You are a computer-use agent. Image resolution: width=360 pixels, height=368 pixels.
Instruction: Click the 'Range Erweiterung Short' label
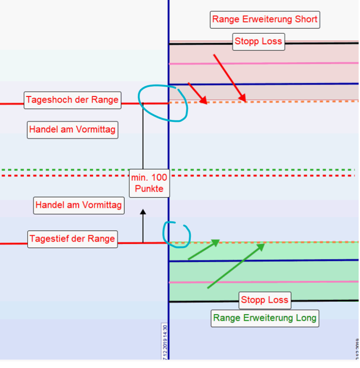click(265, 19)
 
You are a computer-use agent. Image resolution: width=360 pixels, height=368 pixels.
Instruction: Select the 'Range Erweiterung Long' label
click(265, 318)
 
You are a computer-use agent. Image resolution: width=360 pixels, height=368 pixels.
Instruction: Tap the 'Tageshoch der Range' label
click(72, 100)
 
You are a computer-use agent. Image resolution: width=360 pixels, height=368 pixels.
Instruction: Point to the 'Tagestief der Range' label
click(72, 239)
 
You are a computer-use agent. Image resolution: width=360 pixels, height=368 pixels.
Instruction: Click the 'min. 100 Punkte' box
click(149, 183)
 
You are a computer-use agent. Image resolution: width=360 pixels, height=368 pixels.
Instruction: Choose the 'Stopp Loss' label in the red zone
click(259, 41)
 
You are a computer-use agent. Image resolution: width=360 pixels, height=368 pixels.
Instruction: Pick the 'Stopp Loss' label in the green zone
click(265, 300)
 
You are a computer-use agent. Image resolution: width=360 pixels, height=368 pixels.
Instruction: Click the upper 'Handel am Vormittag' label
click(72, 130)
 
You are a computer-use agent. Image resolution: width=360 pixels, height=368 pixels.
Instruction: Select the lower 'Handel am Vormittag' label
click(78, 205)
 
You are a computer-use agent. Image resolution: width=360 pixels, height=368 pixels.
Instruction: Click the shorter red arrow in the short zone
click(197, 93)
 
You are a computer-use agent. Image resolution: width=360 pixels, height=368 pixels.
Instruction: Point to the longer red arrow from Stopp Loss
click(229, 78)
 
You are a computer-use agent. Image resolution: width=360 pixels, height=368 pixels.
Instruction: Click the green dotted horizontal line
click(267, 170)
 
